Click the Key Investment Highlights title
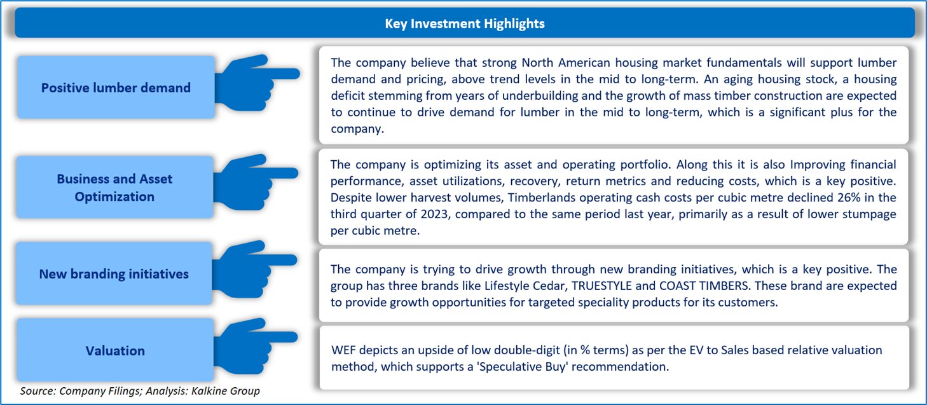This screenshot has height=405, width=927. coord(464,24)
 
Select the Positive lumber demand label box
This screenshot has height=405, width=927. coord(116,87)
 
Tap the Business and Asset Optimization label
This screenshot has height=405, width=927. coord(114,188)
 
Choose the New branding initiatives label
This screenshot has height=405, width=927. coord(114,273)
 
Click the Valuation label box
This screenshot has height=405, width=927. coord(115,350)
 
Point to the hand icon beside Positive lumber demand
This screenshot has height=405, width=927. coord(257,83)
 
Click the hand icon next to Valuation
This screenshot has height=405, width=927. coord(256,347)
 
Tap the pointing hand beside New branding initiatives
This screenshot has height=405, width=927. coord(254,269)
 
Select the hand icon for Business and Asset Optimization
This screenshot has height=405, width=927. coord(256,182)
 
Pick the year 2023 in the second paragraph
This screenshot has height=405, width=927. coord(434,214)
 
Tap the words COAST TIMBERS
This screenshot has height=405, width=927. coord(704,286)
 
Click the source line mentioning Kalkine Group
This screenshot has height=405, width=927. coord(140,391)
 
